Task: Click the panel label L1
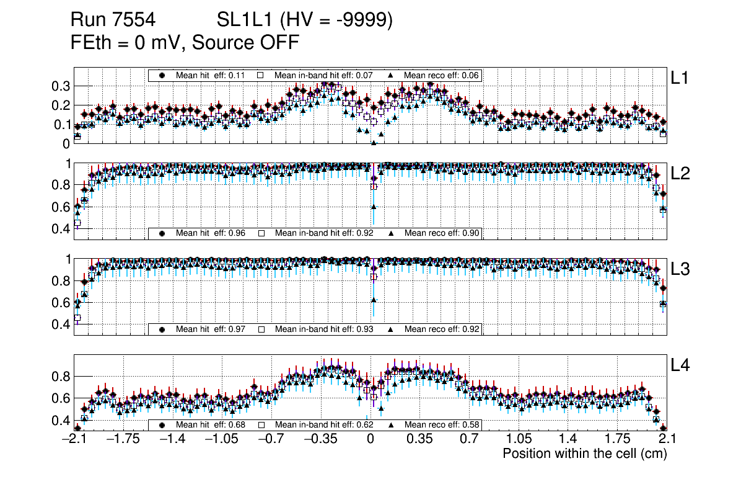[x=681, y=78]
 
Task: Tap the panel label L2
[x=681, y=174]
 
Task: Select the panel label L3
[x=681, y=269]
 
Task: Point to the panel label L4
[x=681, y=365]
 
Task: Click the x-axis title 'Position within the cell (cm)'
[x=584, y=454]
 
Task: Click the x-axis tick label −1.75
[x=123, y=439]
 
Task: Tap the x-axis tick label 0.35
[x=419, y=439]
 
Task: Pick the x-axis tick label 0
[x=370, y=439]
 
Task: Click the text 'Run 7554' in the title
[x=113, y=20]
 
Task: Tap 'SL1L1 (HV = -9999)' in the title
[x=305, y=20]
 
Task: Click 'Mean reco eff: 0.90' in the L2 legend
[x=442, y=233]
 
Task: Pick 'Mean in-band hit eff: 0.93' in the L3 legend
[x=324, y=329]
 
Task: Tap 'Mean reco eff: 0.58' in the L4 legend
[x=442, y=425]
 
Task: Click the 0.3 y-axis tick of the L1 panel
[x=61, y=86]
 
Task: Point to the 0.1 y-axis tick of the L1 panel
[x=61, y=124]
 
